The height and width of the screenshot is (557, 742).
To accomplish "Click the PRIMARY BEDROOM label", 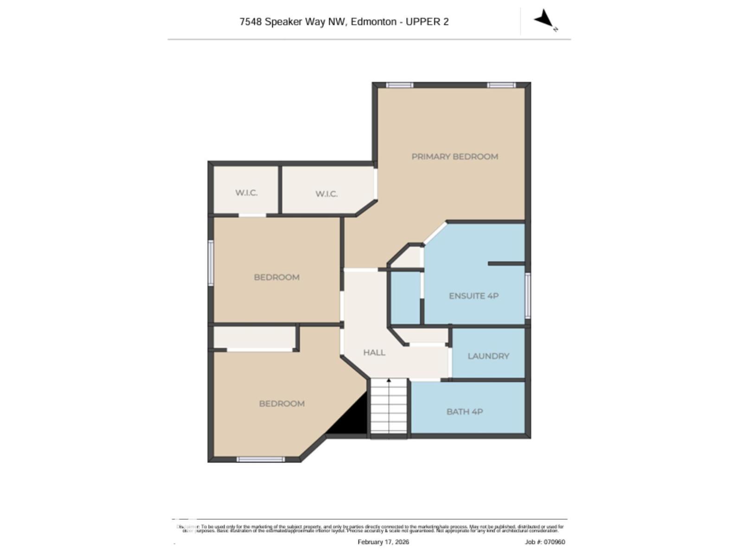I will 454,157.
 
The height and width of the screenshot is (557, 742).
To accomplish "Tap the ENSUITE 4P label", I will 473,296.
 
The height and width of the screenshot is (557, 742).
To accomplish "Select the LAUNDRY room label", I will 488,356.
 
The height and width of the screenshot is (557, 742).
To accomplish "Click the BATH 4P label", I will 465,412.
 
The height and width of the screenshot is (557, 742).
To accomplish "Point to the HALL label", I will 374,353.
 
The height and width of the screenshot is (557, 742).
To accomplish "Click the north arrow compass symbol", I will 544,19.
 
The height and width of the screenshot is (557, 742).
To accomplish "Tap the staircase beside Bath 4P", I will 389,408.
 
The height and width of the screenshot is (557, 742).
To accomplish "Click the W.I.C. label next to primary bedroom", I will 326,194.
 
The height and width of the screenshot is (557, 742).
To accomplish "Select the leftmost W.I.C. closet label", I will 246,193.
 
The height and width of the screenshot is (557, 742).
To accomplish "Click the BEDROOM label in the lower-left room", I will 281,404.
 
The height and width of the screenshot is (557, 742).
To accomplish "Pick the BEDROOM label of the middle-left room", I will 276,278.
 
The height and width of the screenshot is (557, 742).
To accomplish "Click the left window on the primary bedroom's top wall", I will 399,85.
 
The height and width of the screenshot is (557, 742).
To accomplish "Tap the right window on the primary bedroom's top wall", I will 501,85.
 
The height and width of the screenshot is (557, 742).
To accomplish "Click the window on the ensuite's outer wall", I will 528,295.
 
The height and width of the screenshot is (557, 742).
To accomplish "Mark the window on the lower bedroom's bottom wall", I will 261,460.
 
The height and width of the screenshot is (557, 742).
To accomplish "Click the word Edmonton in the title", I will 373,22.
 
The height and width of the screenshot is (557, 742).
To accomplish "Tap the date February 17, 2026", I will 383,542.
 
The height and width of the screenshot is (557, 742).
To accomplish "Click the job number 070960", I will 554,542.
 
